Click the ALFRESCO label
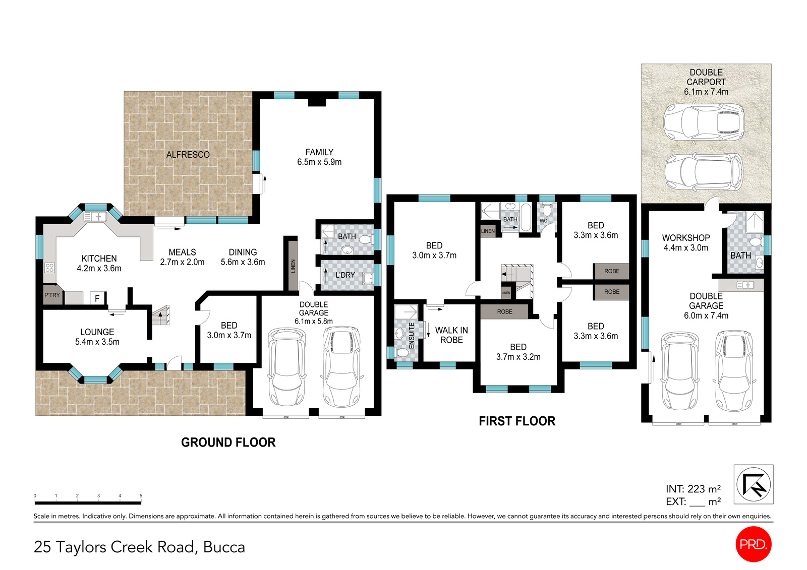pos(188,155)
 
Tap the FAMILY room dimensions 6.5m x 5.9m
pos(319,162)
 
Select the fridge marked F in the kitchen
pos(97,298)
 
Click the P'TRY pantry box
pos(52,295)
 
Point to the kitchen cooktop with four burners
pos(49,268)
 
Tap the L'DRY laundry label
pos(345,275)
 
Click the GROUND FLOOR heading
pos(228,442)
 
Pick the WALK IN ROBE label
pos(451,335)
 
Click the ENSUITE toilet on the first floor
pos(402,352)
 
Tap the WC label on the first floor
pos(543,221)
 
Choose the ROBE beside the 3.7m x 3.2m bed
pos(504,312)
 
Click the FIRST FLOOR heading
pos(517,421)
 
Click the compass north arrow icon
pos(753,484)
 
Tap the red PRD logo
pos(754,544)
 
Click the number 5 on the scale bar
pos(141,496)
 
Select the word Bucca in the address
pos(224,547)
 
